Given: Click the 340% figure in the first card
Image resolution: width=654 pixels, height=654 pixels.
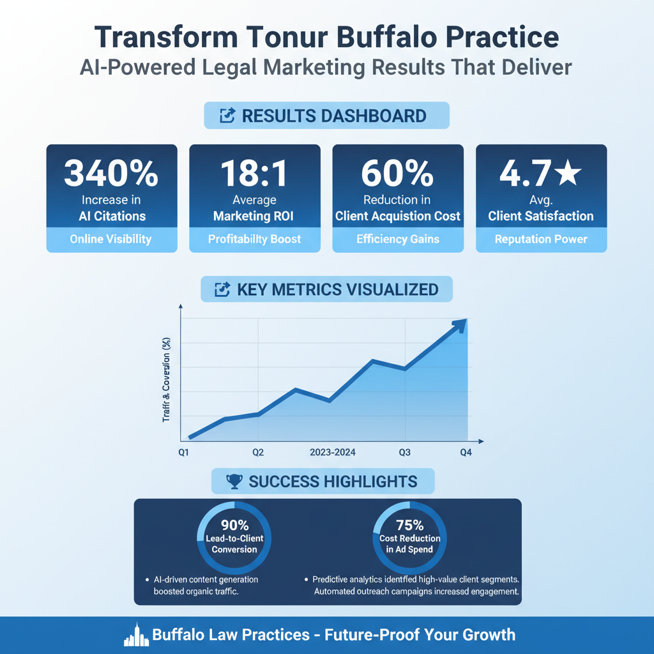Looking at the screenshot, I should click(111, 174).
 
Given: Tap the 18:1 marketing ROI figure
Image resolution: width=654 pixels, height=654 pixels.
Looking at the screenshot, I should click(254, 174).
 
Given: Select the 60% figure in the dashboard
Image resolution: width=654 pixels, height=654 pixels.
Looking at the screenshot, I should click(397, 174).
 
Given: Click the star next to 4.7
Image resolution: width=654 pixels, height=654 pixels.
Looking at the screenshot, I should click(567, 174).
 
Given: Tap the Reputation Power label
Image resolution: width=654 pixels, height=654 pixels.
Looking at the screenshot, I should click(541, 240).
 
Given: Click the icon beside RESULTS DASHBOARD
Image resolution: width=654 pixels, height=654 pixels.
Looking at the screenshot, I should click(227, 116).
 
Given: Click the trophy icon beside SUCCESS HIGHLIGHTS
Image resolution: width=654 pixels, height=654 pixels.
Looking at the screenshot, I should click(234, 481).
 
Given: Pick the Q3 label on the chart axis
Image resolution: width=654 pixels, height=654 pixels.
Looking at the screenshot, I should click(404, 452).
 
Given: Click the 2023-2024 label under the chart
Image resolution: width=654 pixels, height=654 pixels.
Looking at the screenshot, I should click(332, 452).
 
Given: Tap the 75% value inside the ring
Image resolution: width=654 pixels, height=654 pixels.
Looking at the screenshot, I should click(409, 526).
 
